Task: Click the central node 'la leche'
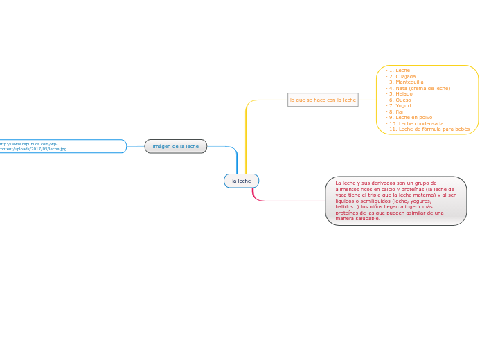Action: click(x=241, y=181)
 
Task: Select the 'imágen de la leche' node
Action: click(x=175, y=146)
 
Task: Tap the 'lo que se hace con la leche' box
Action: click(x=323, y=100)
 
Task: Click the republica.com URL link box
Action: click(x=62, y=146)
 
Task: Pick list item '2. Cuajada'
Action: click(x=402, y=76)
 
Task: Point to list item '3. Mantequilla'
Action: click(x=405, y=82)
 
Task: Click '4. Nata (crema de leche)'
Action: click(x=419, y=88)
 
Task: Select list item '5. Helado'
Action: click(x=400, y=93)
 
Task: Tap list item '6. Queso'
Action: click(x=400, y=100)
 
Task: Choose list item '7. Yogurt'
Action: click(x=400, y=105)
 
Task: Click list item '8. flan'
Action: click(x=397, y=111)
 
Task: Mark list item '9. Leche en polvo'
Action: click(x=410, y=117)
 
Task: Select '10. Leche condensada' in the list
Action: click(x=416, y=123)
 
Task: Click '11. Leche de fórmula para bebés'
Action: click(x=429, y=129)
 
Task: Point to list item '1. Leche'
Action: click(x=399, y=70)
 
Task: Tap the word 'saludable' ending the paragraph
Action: click(x=366, y=218)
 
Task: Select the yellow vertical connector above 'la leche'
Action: click(x=246, y=138)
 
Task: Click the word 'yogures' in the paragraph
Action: click(x=418, y=201)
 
